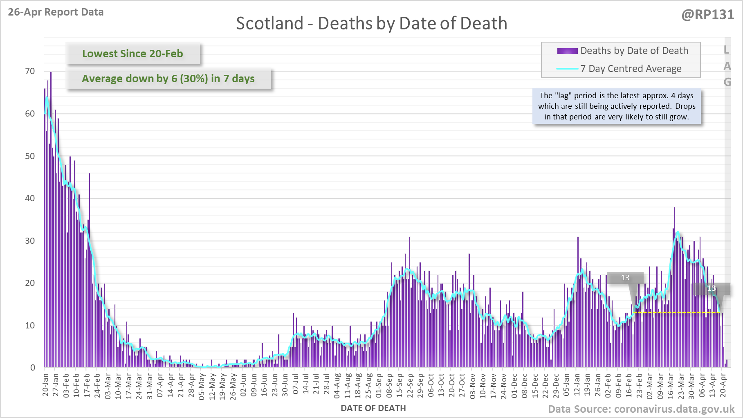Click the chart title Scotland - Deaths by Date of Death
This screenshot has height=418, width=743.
pyautogui.click(x=371, y=23)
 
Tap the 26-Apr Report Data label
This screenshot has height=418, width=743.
pyautogui.click(x=56, y=12)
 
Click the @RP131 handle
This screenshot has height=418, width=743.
pyautogui.click(x=707, y=15)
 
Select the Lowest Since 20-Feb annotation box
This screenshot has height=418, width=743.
pyautogui.click(x=133, y=54)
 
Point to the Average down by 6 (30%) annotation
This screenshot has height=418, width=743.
pyautogui.click(x=168, y=79)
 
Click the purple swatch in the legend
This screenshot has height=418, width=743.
pyautogui.click(x=567, y=51)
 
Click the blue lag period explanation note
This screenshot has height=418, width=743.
pyautogui.click(x=617, y=106)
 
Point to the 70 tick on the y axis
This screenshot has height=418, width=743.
pyautogui.click(x=30, y=71)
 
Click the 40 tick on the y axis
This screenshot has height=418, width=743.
pyautogui.click(x=30, y=198)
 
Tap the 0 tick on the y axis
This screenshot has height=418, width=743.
pyautogui.click(x=33, y=368)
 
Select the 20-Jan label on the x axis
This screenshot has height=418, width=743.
pyautogui.click(x=45, y=384)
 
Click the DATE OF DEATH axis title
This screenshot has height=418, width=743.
pyautogui.click(x=373, y=408)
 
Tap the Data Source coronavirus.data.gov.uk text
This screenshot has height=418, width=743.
pyautogui.click(x=641, y=409)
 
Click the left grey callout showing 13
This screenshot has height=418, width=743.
pyautogui.click(x=625, y=278)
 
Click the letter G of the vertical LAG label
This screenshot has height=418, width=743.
pyautogui.click(x=727, y=82)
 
